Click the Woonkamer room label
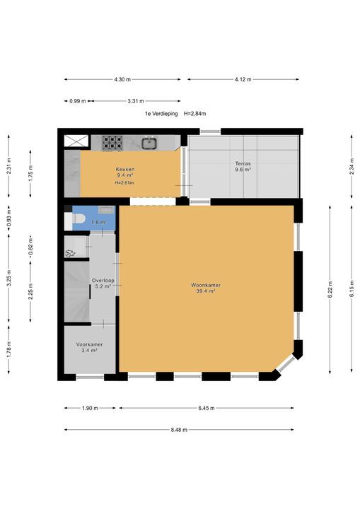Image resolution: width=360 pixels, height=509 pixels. click(206, 286)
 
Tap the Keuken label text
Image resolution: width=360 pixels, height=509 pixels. click(125, 169)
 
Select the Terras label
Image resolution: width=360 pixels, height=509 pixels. click(243, 163)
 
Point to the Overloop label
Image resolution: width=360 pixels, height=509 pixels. click(103, 281)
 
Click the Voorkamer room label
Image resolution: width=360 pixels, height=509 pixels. click(90, 344)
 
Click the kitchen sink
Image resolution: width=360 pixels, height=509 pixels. click(149, 143)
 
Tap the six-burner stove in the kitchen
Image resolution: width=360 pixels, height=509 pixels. click(112, 143)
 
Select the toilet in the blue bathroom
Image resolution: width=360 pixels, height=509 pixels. click(75, 219)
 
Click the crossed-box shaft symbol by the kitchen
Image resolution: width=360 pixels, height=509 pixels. click(76, 141)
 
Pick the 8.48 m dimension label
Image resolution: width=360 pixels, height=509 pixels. click(179, 430)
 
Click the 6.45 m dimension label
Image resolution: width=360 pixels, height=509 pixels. click(207, 408)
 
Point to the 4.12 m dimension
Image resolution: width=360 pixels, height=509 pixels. click(243, 79)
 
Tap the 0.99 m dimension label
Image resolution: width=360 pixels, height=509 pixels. click(78, 101)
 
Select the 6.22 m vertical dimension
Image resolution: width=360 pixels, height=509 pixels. click(330, 290)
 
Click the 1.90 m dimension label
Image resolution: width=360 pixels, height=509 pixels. click(90, 408)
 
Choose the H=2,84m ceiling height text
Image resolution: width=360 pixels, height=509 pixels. click(195, 114)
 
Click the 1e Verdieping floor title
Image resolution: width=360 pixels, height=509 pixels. click(161, 114)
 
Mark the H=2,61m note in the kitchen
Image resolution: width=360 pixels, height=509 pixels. click(124, 183)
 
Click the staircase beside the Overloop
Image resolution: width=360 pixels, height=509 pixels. click(76, 291)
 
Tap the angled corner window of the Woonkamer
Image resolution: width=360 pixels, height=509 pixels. click(286, 364)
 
